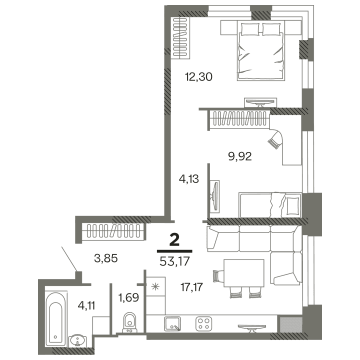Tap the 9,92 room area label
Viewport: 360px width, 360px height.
pos(239,155)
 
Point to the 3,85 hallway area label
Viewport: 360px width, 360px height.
pos(105,258)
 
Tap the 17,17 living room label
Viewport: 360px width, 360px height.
pos(194,287)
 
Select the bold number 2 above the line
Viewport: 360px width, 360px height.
pos(174,240)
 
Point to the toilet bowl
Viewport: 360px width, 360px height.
pos(129,321)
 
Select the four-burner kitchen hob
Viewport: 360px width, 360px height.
pos(203,323)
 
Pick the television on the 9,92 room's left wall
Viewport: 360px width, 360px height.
pos(214,195)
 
